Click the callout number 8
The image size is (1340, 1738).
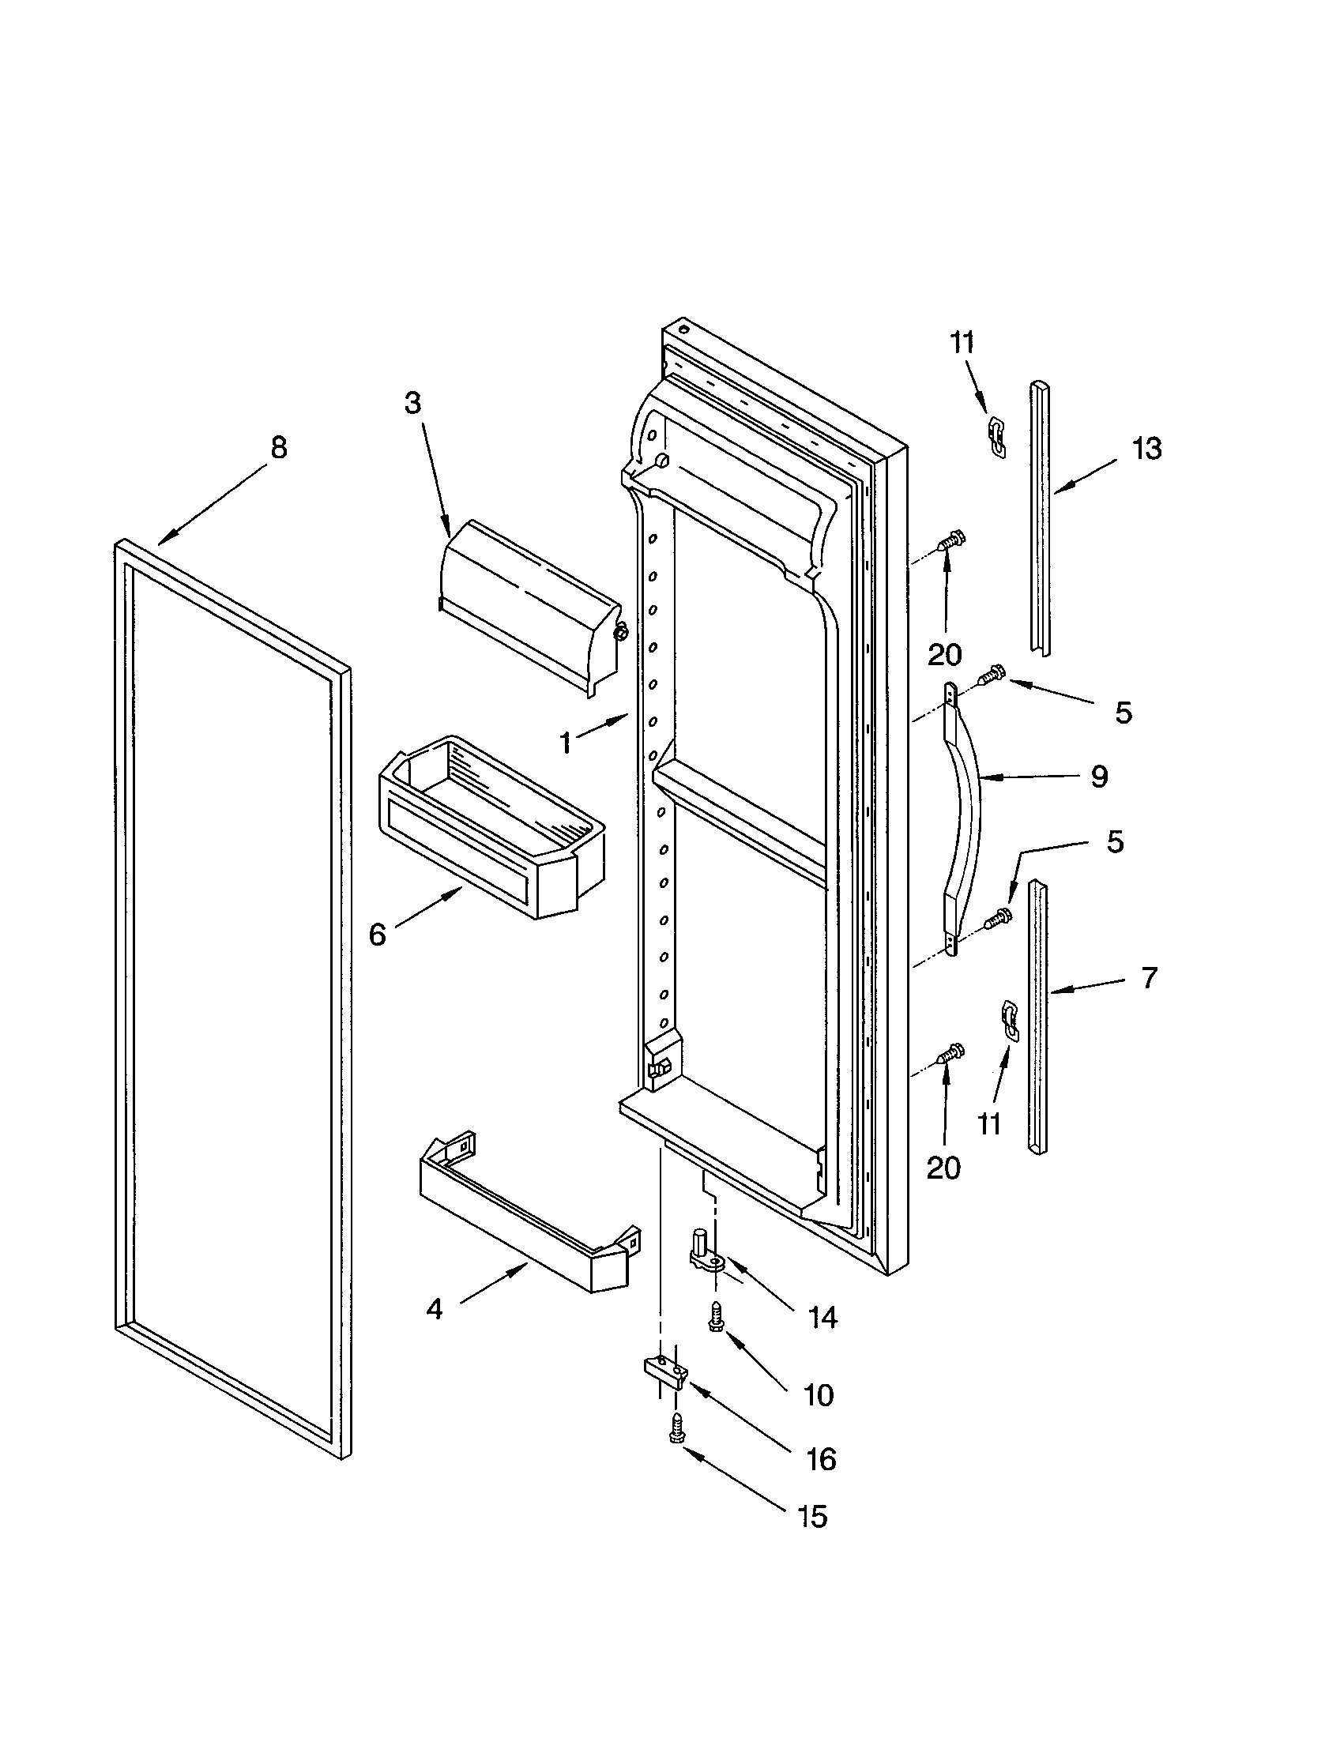point(277,448)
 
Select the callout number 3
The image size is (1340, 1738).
point(412,404)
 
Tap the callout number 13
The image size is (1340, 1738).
point(1146,449)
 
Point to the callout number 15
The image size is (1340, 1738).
point(812,1516)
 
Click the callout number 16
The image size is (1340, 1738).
point(821,1458)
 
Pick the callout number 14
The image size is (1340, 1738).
point(822,1318)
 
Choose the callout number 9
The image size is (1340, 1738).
point(1099,776)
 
